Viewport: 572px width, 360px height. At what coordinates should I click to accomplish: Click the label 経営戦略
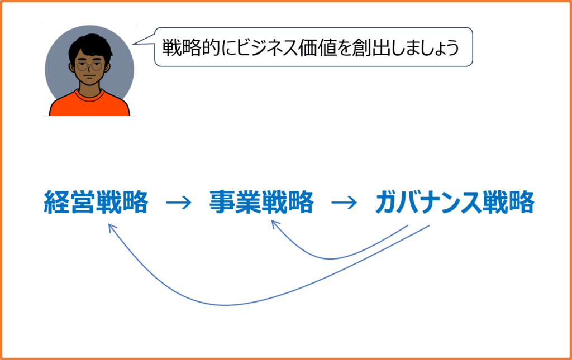click(96, 202)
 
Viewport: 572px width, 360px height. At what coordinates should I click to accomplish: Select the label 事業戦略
click(261, 202)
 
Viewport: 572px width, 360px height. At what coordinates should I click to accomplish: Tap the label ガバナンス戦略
click(455, 202)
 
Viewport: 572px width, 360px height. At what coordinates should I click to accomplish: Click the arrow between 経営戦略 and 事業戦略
click(179, 203)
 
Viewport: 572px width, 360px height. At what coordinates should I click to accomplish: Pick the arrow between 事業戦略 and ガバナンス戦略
click(344, 203)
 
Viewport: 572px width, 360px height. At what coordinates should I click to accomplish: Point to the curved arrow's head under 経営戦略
click(109, 225)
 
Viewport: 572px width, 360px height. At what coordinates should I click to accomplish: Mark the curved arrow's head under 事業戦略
click(272, 221)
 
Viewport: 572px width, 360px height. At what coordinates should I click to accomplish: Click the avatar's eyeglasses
click(90, 66)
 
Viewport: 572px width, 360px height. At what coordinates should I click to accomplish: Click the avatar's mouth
click(89, 79)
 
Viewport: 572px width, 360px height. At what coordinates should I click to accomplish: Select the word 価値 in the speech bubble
click(317, 47)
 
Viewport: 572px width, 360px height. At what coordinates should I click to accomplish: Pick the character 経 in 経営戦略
click(56, 202)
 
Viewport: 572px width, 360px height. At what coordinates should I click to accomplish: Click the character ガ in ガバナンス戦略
click(388, 202)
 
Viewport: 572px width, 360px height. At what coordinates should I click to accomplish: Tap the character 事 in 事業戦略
click(222, 202)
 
